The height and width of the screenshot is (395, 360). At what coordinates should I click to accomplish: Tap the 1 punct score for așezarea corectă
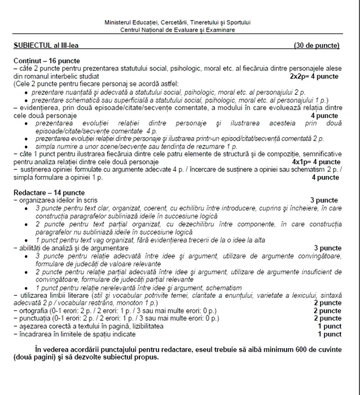(x=330, y=326)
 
